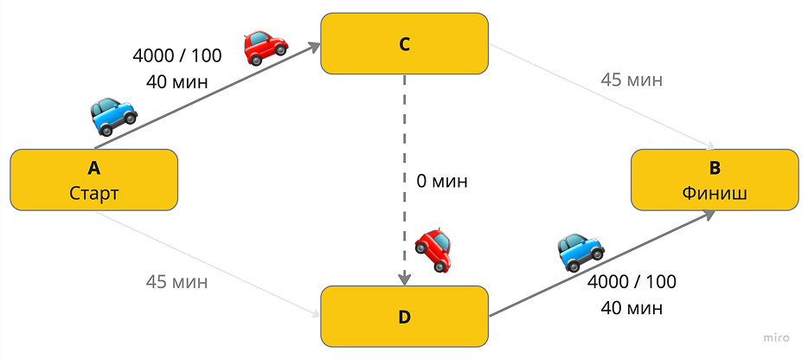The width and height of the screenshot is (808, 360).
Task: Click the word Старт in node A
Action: click(93, 192)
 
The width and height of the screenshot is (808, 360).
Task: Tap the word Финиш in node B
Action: click(714, 192)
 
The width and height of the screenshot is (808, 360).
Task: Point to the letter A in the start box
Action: click(93, 168)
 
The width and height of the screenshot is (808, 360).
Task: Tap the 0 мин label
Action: click(441, 182)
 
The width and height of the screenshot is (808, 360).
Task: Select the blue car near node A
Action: click(113, 115)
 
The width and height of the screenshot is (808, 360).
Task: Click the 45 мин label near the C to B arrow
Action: click(632, 80)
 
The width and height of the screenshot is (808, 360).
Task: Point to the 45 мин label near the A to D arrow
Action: click(176, 281)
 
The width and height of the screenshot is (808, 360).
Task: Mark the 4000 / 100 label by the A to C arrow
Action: click(176, 55)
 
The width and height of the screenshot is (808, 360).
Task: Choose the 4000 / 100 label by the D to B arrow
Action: click(632, 281)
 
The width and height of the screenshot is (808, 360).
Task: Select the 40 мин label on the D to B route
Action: click(632, 307)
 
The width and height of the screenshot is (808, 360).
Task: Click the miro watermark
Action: click(779, 338)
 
